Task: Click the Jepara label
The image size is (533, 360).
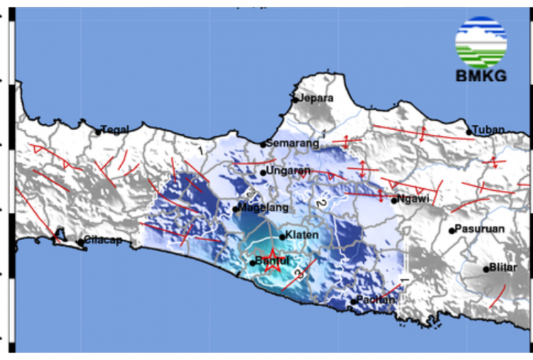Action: [x=316, y=99]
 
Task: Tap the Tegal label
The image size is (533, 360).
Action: [x=115, y=129]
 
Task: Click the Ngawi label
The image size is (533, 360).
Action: [x=413, y=199]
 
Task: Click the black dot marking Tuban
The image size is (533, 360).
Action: [x=469, y=131]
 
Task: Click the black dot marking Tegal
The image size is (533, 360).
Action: [x=98, y=131]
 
